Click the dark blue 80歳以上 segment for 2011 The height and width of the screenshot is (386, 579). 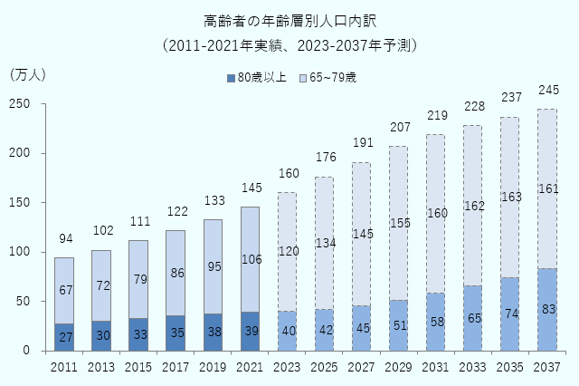click(64, 337)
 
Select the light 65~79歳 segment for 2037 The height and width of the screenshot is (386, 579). click(547, 188)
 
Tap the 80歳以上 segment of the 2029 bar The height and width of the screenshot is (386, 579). click(399, 325)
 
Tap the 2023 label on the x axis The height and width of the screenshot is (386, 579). click(287, 366)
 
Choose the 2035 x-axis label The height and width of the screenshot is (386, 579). click(510, 366)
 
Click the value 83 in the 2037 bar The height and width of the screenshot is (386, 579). click(547, 310)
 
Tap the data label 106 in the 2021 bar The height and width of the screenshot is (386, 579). click(250, 259)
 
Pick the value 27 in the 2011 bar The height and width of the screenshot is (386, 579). click(64, 337)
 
